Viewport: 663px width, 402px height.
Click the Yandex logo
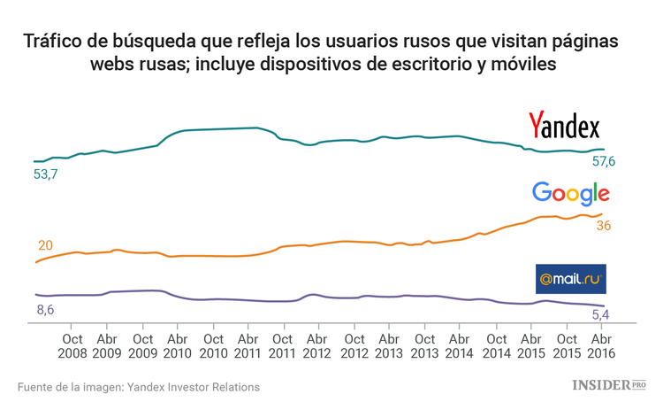pyautogui.click(x=564, y=127)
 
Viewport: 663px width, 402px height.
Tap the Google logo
pyautogui.click(x=571, y=194)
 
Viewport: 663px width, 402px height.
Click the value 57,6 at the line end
pyautogui.click(x=604, y=161)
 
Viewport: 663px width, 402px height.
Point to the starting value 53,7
pyautogui.click(x=45, y=174)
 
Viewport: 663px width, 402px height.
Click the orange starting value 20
pyautogui.click(x=46, y=245)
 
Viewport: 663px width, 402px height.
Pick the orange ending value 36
pyautogui.click(x=604, y=226)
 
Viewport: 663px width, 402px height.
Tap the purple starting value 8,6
pyautogui.click(x=45, y=309)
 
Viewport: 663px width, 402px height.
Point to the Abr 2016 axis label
pyautogui.click(x=600, y=345)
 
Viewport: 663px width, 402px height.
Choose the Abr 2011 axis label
pyautogui.click(x=248, y=345)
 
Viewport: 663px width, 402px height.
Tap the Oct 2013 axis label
pyautogui.click(x=424, y=345)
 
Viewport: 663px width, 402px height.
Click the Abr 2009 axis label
pyautogui.click(x=107, y=345)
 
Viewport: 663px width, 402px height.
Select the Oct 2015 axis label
pyautogui.click(x=565, y=345)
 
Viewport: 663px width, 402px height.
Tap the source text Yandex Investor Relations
pyautogui.click(x=194, y=387)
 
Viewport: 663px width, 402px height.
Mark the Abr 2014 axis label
pyautogui.click(x=459, y=345)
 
